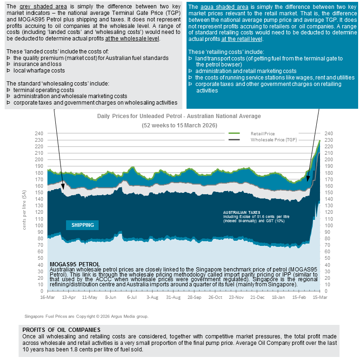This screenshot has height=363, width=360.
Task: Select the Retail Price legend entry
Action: pyautogui.click(x=263, y=133)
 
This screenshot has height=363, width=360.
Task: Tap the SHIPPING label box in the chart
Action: pyautogui.click(x=83, y=225)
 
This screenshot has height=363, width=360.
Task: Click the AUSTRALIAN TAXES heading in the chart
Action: pyautogui.click(x=242, y=212)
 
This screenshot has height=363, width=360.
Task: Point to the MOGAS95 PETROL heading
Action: pyautogui.click(x=74, y=264)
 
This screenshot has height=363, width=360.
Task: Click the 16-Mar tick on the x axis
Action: pyautogui.click(x=47, y=297)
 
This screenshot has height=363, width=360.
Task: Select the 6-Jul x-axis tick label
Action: pyautogui.click(x=132, y=297)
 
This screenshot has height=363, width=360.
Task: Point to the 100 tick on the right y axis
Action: pyautogui.click(x=329, y=225)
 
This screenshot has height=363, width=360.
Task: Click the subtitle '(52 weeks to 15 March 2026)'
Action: pyautogui.click(x=179, y=125)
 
